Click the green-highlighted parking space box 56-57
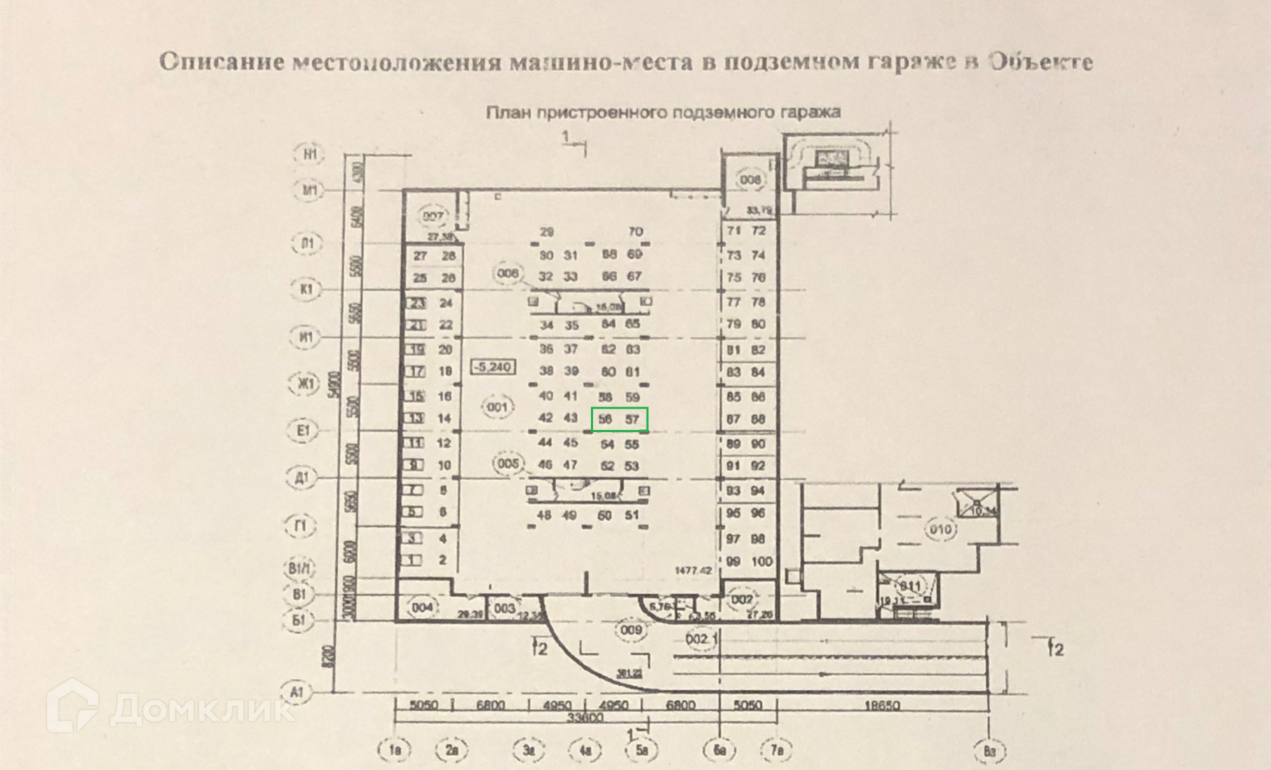(619, 419)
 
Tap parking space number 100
(761, 562)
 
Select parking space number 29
(547, 232)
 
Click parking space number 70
(635, 232)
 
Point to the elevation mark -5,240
(493, 368)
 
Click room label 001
(497, 408)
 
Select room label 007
(433, 217)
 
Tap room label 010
(940, 530)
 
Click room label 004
(423, 607)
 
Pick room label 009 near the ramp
(631, 630)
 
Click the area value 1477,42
(694, 570)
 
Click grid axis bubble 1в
(396, 750)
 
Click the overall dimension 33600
(587, 718)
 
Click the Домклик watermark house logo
(72, 705)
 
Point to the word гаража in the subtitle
(808, 112)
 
